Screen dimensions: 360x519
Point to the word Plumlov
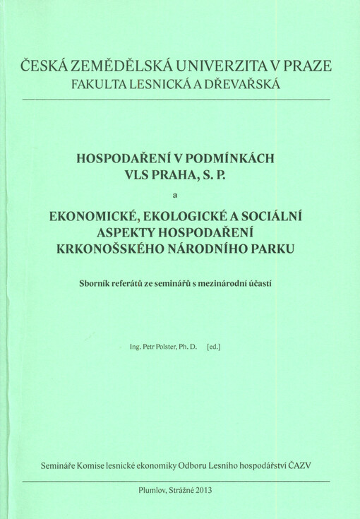pos(155,489)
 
